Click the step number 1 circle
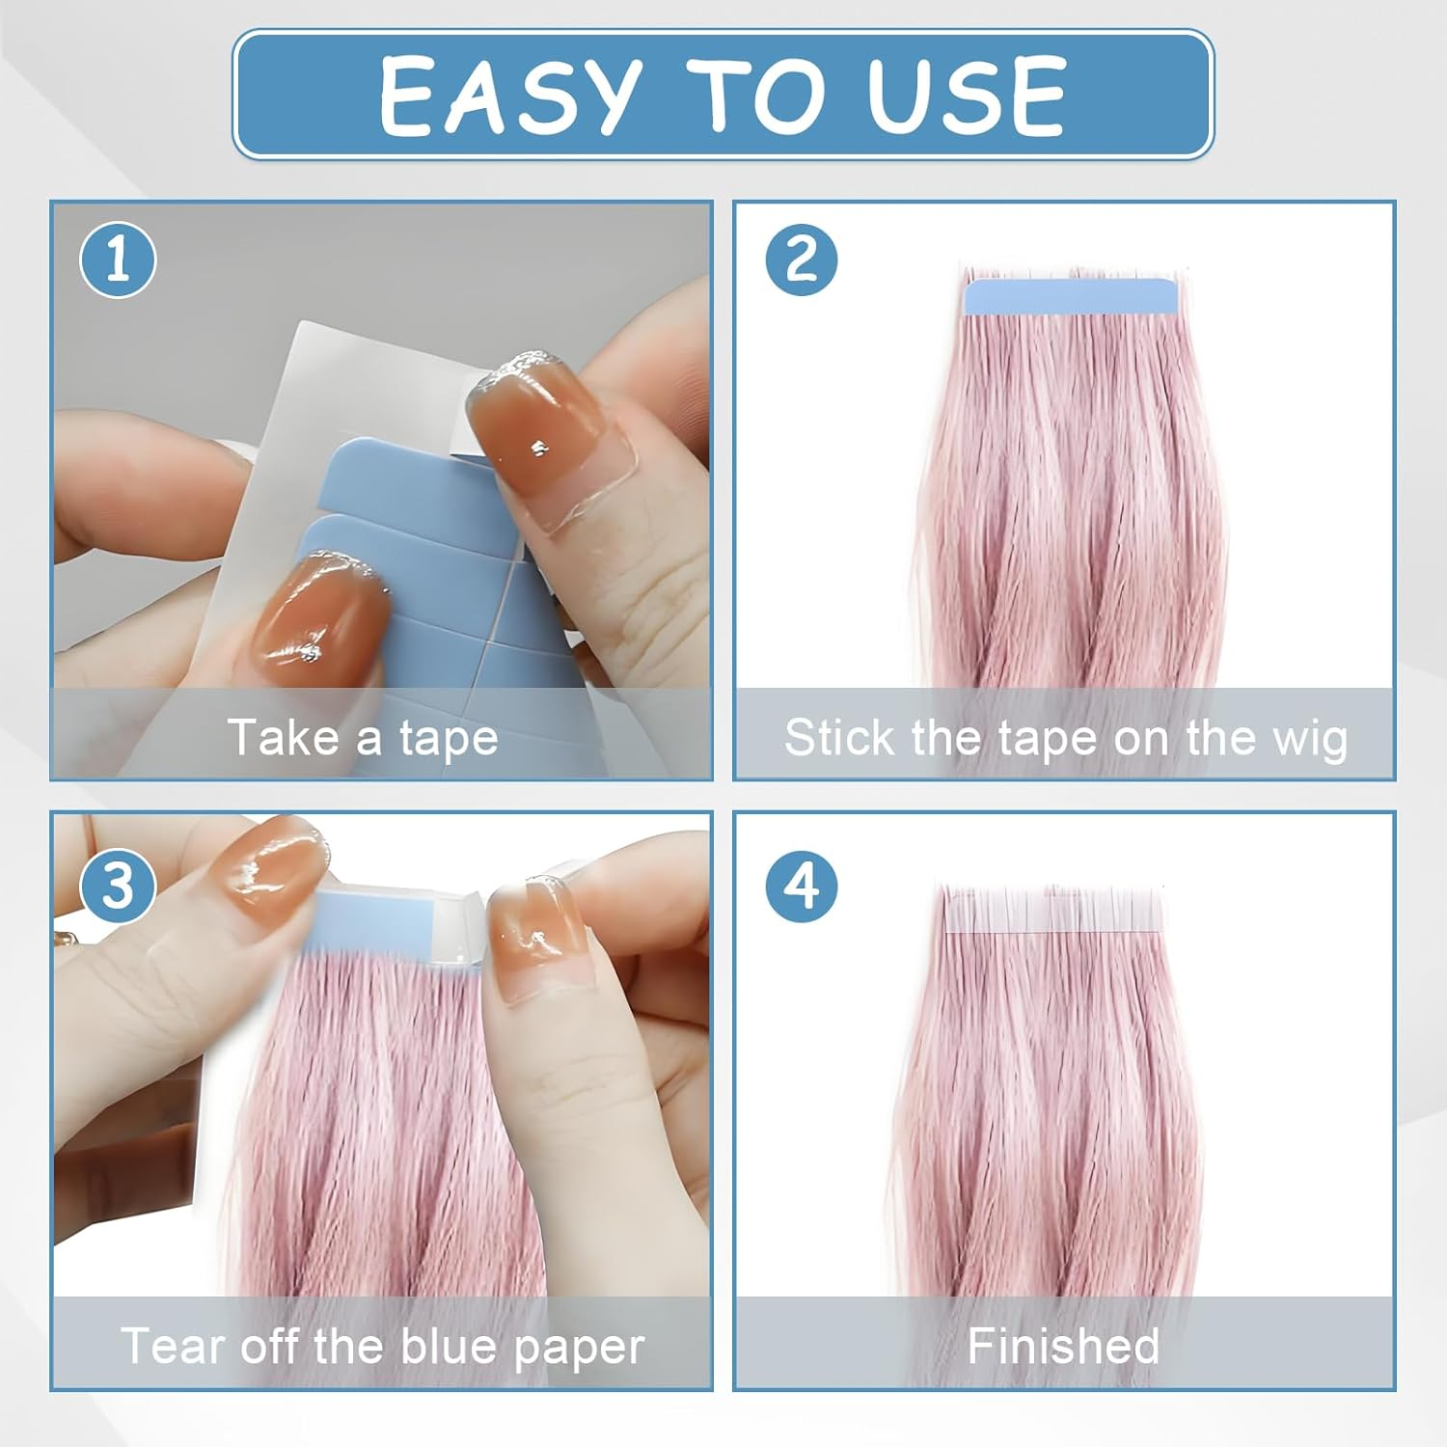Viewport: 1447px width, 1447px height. pos(118,259)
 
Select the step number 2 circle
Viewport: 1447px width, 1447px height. pos(802,259)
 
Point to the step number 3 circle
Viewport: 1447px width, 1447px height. pos(118,886)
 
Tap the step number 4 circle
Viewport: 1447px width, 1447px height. pos(802,886)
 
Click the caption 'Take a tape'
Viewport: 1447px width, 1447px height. pos(363,738)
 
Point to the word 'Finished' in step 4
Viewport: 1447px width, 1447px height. pos(1063,1346)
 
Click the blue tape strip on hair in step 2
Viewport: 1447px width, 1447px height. pos(1071,296)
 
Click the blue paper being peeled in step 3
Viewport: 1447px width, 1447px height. pos(386,921)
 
